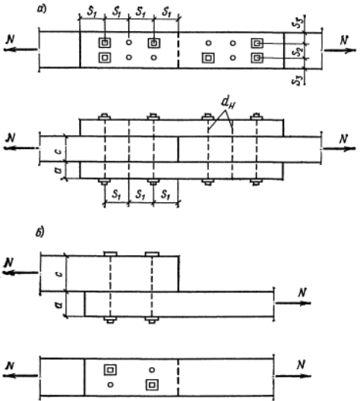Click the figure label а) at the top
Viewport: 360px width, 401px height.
click(42, 8)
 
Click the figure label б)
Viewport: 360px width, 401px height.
click(40, 232)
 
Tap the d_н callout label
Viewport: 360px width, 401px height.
click(228, 103)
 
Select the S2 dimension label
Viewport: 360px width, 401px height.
click(297, 51)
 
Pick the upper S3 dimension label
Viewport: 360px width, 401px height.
click(298, 23)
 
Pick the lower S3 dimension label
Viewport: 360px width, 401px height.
click(298, 80)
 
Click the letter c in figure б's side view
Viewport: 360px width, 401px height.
click(59, 274)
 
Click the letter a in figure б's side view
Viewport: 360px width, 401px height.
click(59, 305)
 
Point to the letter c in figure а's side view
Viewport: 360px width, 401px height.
click(58, 151)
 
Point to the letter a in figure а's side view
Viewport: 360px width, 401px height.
click(58, 170)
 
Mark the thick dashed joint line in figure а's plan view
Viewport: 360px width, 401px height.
click(178, 50)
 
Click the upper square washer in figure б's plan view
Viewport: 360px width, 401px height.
click(110, 370)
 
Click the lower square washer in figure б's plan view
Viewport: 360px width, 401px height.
click(152, 384)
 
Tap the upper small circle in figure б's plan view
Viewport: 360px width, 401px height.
click(152, 370)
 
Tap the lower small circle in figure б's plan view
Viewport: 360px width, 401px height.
click(110, 384)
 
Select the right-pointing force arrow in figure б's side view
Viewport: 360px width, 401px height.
click(293, 303)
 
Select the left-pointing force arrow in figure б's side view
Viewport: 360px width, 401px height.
click(21, 273)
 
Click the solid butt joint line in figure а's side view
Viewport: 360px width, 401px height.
click(178, 149)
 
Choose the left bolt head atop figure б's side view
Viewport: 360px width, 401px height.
click(110, 254)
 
